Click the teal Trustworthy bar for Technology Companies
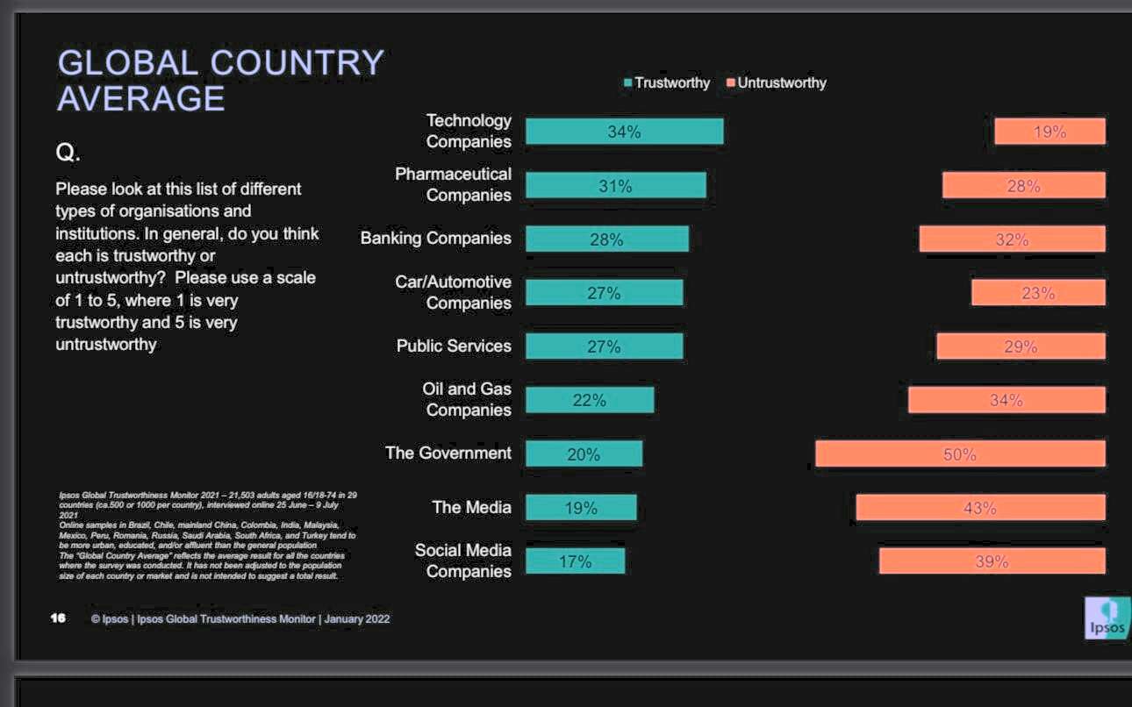point(624,132)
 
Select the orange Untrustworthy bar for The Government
point(960,453)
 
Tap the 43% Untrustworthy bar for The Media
point(980,508)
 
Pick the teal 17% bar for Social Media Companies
point(575,561)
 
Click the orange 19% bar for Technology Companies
point(1050,132)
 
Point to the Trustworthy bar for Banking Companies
point(606,239)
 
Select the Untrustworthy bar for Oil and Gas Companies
point(1007,400)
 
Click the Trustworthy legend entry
point(666,82)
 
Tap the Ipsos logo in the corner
point(1107,618)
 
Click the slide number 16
point(58,618)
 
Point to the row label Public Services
point(454,346)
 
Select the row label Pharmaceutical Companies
point(453,184)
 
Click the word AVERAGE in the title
point(141,98)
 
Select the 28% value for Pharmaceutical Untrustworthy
point(1023,186)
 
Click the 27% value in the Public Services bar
point(604,346)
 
